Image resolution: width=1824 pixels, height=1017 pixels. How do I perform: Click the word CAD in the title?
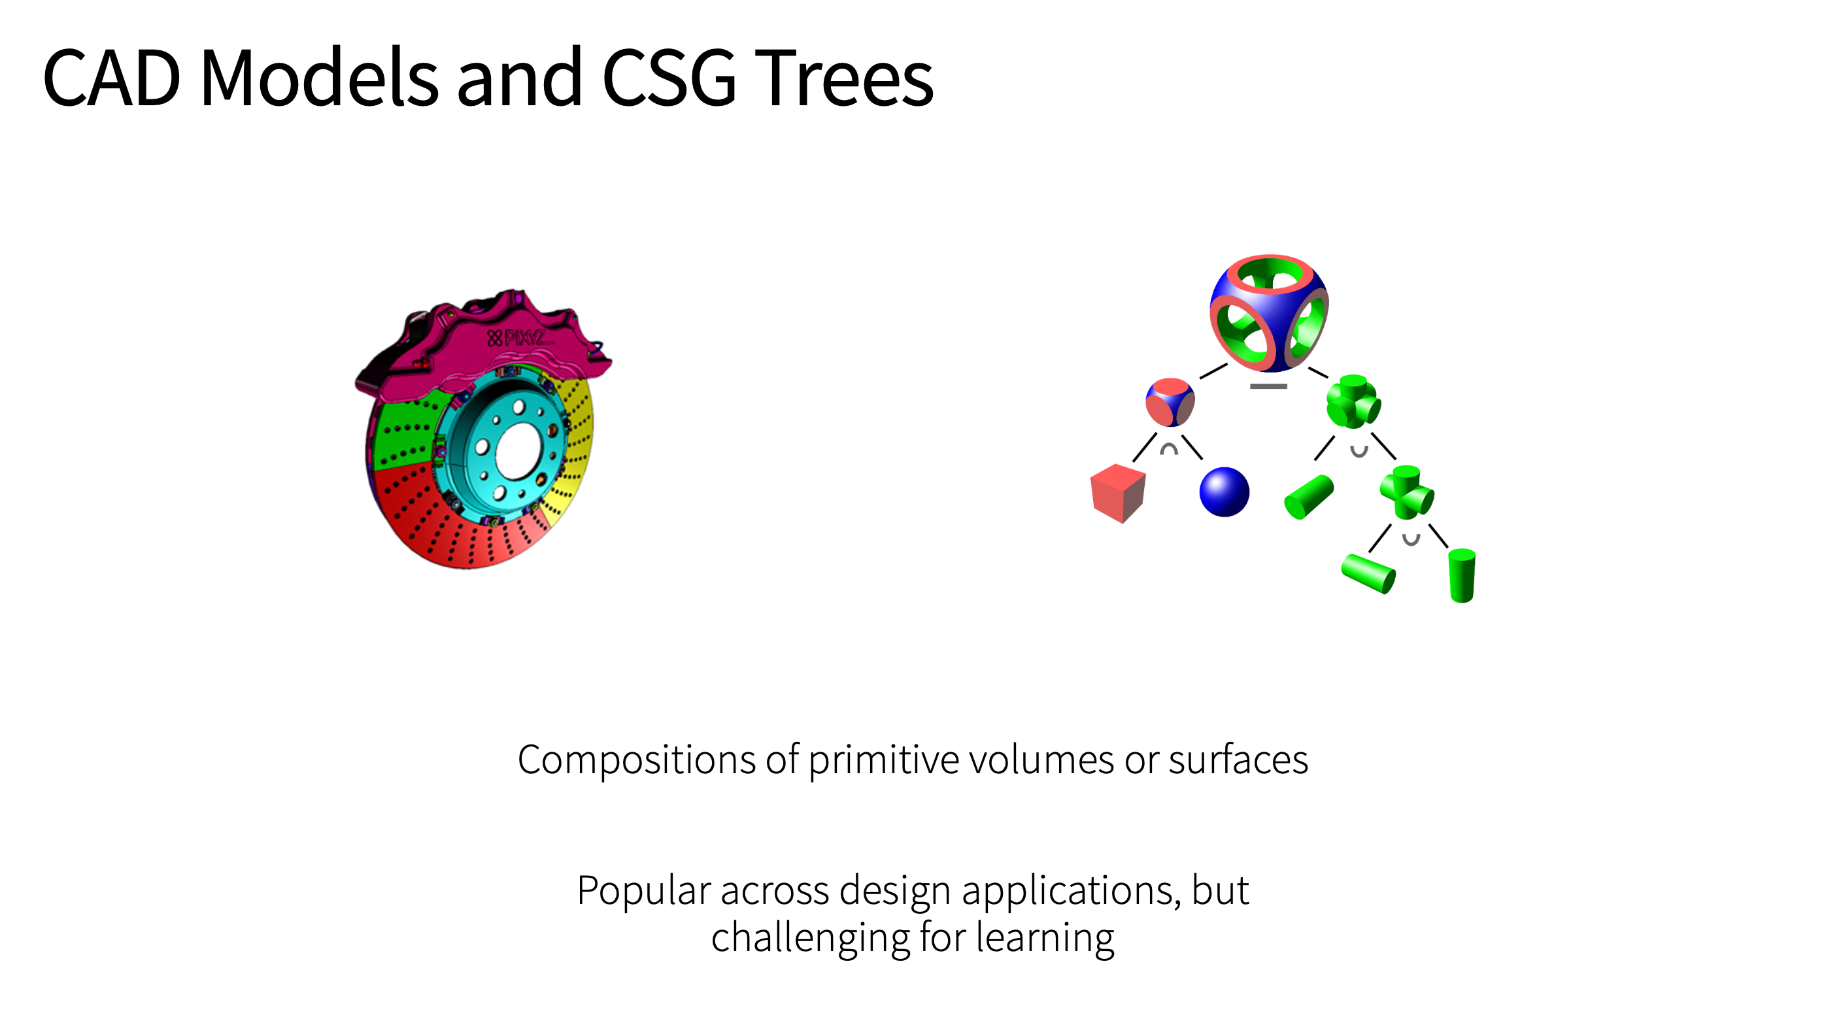[112, 77]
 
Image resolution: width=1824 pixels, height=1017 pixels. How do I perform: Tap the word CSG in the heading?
[669, 77]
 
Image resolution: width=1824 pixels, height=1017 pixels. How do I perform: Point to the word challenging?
[810, 939]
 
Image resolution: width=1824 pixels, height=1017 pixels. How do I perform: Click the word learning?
[1045, 939]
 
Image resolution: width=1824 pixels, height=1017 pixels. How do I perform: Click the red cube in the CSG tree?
[1118, 493]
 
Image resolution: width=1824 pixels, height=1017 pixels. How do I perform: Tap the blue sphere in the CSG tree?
[1224, 492]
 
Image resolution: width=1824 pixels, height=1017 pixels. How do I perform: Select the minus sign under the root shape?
[1268, 386]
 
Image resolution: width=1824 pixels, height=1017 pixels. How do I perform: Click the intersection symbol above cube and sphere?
[1169, 449]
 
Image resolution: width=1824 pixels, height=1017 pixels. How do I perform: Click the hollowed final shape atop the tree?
[1269, 314]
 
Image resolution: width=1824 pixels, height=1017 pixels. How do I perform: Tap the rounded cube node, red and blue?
[1170, 402]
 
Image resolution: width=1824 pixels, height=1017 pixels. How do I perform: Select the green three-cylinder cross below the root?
[1353, 401]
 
